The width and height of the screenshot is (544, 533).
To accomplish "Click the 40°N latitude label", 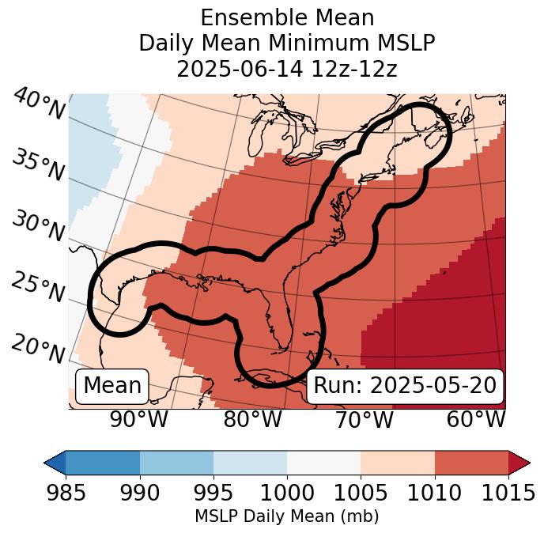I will click(x=38, y=104).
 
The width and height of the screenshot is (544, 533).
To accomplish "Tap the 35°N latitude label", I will click(x=38, y=165).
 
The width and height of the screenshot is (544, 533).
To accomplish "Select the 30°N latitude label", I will click(x=38, y=227).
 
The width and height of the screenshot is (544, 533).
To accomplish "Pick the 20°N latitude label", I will click(x=38, y=348).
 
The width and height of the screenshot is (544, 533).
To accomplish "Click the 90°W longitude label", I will click(x=138, y=419).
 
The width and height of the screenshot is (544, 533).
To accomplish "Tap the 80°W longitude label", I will click(x=252, y=419).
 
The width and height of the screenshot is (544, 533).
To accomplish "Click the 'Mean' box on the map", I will click(x=112, y=386).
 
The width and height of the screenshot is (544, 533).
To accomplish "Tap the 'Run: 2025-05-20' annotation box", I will click(x=405, y=386).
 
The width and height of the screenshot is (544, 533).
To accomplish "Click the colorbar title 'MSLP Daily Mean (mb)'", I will click(x=287, y=516).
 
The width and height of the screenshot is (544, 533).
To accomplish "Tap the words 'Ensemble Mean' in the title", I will click(x=287, y=17).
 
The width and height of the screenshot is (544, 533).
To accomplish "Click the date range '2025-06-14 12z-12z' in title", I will click(x=287, y=69).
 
